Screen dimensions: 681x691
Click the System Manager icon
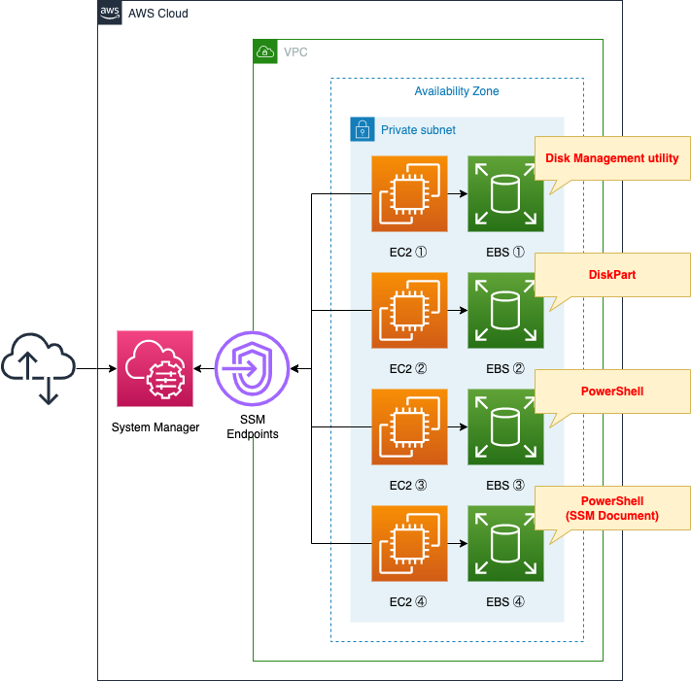(x=155, y=368)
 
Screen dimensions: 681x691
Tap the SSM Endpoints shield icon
(x=252, y=369)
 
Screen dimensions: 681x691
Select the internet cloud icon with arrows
(x=39, y=368)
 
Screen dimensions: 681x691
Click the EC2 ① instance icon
(x=409, y=194)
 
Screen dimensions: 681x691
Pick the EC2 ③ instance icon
(x=409, y=427)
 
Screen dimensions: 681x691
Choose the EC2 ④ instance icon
(x=409, y=544)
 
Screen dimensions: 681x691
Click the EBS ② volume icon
(x=505, y=311)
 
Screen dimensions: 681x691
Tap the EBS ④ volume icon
(x=505, y=544)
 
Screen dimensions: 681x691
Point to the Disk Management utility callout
(x=611, y=157)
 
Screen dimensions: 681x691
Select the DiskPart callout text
(x=611, y=274)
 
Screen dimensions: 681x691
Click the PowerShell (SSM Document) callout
(x=611, y=508)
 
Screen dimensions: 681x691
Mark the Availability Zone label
(x=457, y=91)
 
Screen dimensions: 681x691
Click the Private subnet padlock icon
(x=362, y=129)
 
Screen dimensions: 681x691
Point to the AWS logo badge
(x=110, y=13)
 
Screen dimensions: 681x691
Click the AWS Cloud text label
(x=158, y=14)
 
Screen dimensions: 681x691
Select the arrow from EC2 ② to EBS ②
(x=457, y=311)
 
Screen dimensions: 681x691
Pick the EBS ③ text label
(x=505, y=485)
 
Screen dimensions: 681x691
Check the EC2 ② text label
(x=408, y=368)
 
